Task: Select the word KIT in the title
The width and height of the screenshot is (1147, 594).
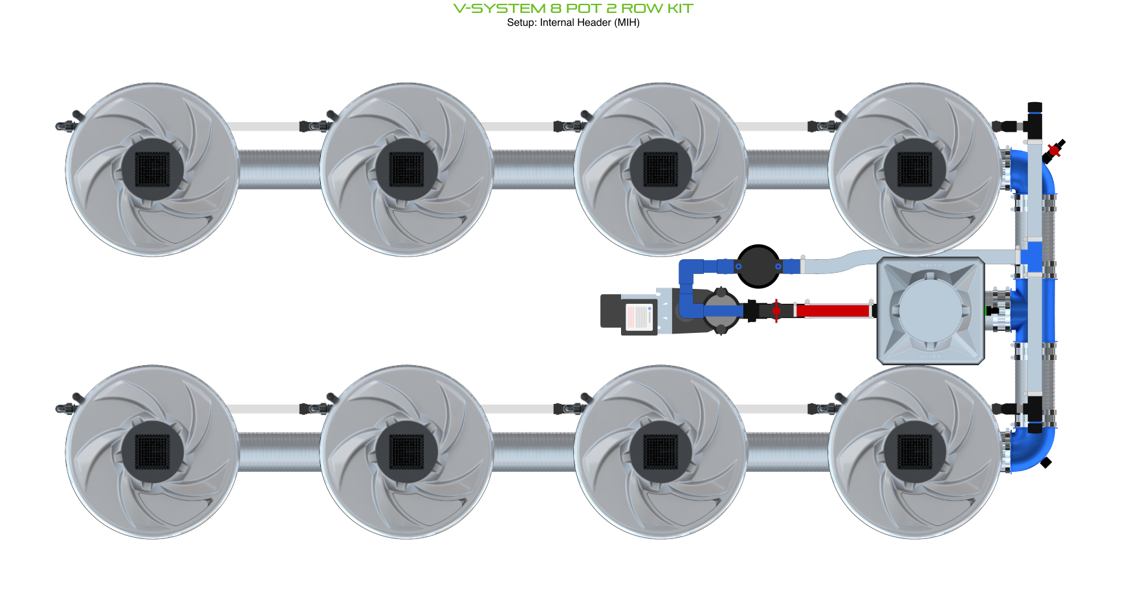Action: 680,8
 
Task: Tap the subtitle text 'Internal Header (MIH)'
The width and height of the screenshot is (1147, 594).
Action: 589,23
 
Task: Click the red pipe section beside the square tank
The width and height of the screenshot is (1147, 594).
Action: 832,311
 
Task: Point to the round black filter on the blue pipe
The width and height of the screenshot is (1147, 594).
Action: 758,266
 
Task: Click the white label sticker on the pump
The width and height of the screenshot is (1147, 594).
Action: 639,317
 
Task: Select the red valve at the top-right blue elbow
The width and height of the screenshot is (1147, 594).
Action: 1054,151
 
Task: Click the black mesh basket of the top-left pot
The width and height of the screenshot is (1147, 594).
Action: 152,169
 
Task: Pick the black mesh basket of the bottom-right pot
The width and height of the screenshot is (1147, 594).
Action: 915,452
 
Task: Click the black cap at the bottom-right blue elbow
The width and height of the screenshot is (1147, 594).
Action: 1045,462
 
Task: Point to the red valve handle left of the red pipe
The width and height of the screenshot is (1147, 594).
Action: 776,311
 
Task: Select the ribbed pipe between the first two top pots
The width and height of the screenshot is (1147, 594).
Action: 279,169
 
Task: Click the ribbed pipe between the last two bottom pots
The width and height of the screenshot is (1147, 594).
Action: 787,452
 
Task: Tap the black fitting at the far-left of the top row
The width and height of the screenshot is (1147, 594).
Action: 65,125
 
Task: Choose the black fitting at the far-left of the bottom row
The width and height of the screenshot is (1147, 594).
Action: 65,407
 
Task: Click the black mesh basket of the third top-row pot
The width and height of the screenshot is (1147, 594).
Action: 661,169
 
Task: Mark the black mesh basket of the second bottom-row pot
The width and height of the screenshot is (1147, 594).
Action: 406,452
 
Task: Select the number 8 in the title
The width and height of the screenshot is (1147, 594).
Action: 556,8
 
